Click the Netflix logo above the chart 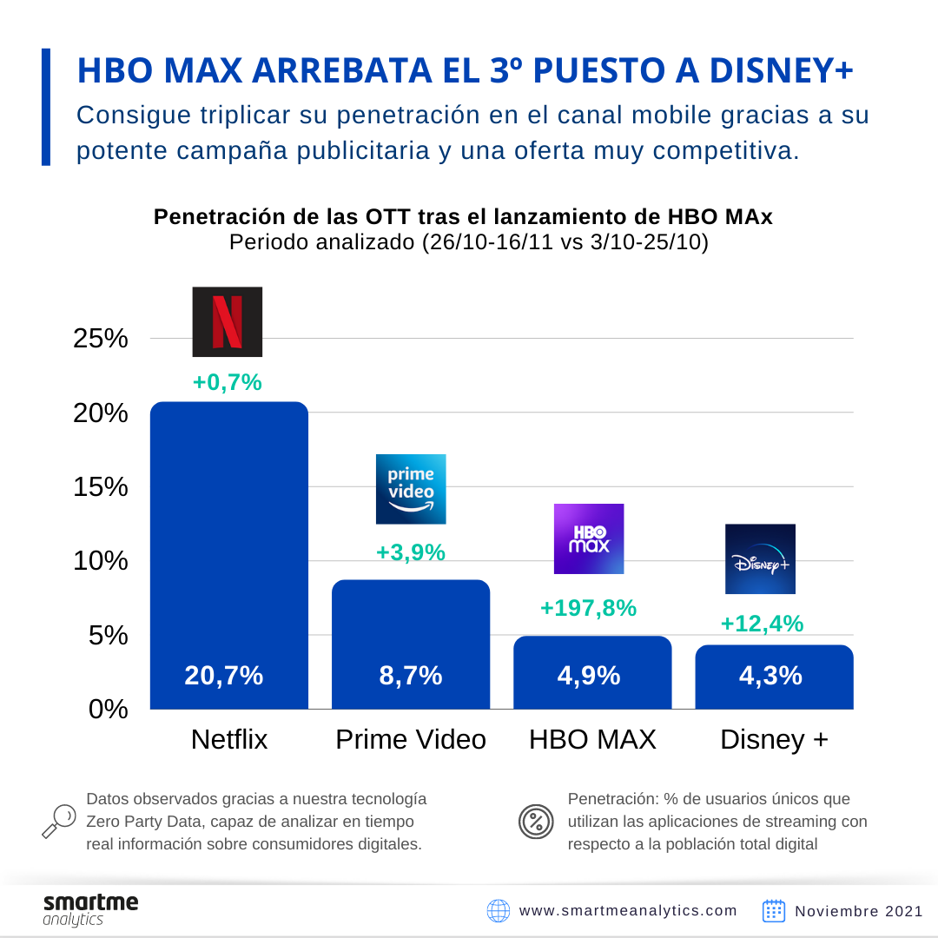[227, 321]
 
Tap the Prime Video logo [411, 489]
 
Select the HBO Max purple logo [589, 538]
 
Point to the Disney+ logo [760, 559]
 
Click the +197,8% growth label [589, 608]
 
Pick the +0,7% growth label [228, 382]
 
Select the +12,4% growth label [762, 624]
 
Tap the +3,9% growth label [411, 552]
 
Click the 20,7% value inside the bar [224, 676]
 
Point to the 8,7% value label [411, 676]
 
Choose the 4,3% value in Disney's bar [770, 676]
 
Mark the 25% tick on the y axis [101, 339]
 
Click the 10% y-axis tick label [101, 561]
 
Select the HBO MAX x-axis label [592, 740]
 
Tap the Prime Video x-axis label [411, 740]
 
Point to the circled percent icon [536, 822]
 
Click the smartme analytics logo [90, 909]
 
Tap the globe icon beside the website [499, 911]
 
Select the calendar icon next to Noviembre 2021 [774, 910]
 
